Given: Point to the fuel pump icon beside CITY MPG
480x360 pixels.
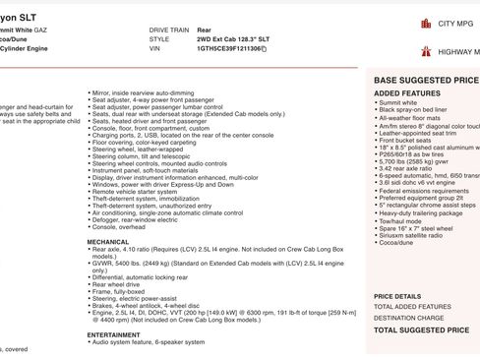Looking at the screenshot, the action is (425, 23).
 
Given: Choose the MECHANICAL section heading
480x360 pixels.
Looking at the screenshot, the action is (107, 241).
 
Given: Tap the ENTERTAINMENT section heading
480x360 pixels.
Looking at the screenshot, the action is (113, 334).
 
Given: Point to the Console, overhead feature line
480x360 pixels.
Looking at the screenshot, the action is (121, 227).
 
